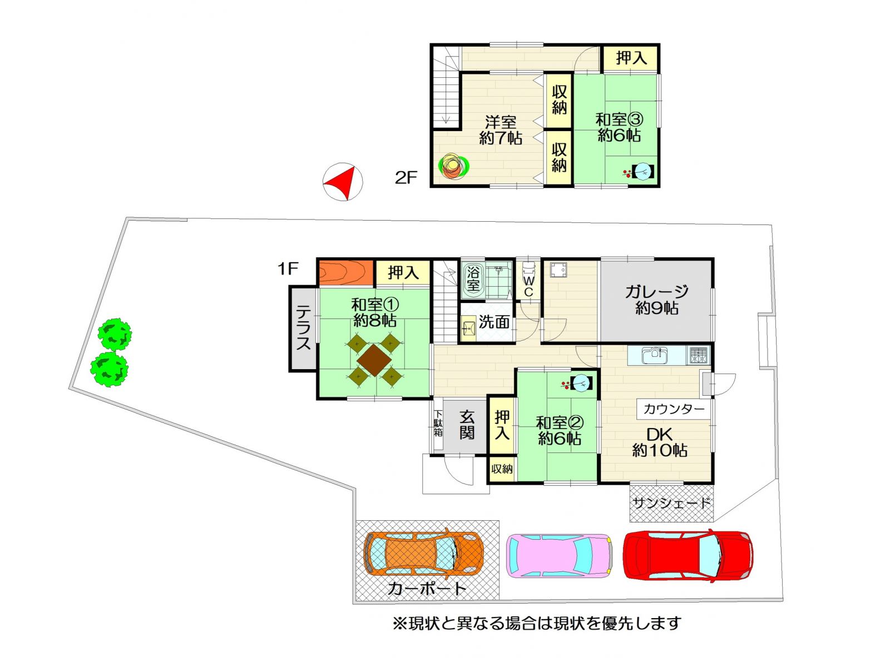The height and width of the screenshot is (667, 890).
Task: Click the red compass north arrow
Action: (344, 181)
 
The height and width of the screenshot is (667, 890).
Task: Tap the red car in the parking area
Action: (687, 555)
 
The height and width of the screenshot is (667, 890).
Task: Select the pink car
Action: (559, 554)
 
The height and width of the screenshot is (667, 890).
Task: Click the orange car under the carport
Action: (423, 553)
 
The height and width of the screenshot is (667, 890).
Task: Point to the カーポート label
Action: (427, 589)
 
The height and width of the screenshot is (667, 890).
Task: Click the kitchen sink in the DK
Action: (654, 356)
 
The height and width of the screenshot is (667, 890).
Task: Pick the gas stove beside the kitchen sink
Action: (698, 356)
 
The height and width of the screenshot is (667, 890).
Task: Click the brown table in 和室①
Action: (374, 360)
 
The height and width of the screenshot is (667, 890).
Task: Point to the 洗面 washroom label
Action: (495, 322)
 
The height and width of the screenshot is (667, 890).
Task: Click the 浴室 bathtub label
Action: (473, 278)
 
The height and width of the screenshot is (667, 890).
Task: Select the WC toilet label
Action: (528, 286)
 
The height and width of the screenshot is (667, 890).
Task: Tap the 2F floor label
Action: (406, 178)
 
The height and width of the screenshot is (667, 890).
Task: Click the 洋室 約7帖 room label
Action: (500, 130)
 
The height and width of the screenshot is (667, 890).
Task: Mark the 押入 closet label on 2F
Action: (631, 58)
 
